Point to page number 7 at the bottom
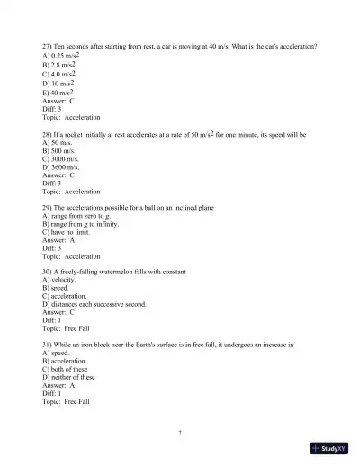tap(180, 433)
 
